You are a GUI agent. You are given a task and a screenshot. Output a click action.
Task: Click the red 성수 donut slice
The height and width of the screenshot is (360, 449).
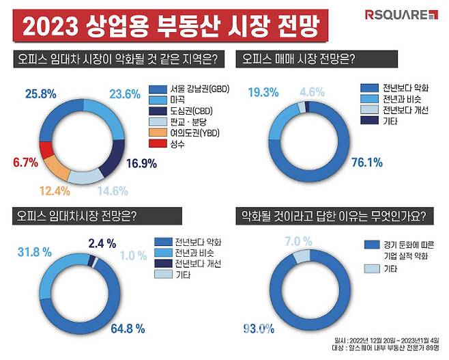46,150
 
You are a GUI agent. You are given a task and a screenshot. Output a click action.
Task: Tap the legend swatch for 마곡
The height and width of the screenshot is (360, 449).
156,100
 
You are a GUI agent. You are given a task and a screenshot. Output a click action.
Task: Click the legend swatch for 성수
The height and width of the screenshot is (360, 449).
156,143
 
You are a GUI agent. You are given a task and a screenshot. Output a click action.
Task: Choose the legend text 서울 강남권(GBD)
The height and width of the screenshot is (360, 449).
187,89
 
